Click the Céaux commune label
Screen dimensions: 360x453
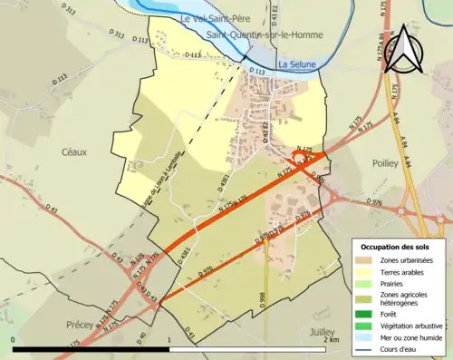point(73,151)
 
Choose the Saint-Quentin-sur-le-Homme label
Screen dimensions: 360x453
point(255,35)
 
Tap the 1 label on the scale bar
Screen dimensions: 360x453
point(170,339)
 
